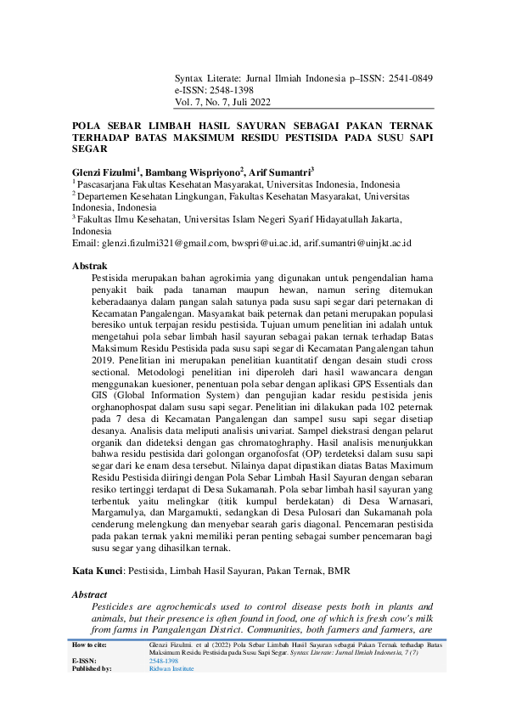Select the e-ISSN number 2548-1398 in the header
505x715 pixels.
tap(228, 89)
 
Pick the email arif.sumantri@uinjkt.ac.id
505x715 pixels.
tap(358, 243)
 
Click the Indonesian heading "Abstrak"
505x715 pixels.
tap(89, 266)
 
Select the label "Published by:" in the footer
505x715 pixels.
tap(93, 668)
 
